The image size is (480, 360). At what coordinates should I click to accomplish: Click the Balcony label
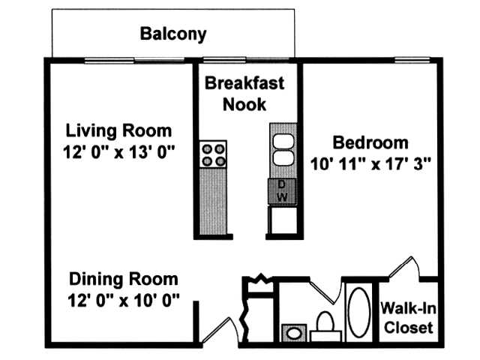pyautogui.click(x=172, y=34)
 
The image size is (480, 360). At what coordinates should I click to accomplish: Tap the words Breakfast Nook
pyautogui.click(x=244, y=93)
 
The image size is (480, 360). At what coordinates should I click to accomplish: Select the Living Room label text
pyautogui.click(x=118, y=130)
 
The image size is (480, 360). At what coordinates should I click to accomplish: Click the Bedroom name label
pyautogui.click(x=370, y=142)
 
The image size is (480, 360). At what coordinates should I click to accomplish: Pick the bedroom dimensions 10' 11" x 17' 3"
pyautogui.click(x=371, y=162)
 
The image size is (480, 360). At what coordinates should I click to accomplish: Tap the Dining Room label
pyautogui.click(x=124, y=280)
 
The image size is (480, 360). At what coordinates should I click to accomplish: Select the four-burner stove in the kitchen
pyautogui.click(x=213, y=154)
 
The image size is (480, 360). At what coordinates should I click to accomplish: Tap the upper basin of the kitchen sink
pyautogui.click(x=283, y=142)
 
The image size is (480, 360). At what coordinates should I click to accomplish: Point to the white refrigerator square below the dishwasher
pyautogui.click(x=283, y=219)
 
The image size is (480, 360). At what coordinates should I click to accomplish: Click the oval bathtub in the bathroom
pyautogui.click(x=358, y=311)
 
